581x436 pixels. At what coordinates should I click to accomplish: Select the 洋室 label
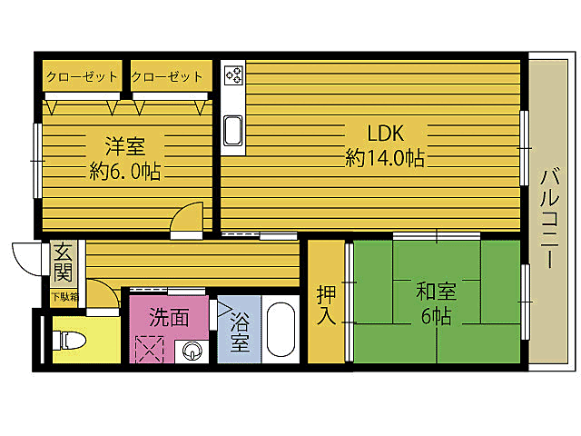(x=124, y=145)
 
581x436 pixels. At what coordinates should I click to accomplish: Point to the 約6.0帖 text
(x=124, y=171)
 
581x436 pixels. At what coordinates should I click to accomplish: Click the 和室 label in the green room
(x=437, y=292)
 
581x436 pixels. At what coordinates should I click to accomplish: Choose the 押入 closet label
(x=327, y=305)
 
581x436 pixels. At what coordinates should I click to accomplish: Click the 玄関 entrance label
(x=62, y=262)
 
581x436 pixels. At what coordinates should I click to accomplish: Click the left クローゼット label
(x=83, y=76)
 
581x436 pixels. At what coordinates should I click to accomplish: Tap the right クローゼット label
(x=169, y=76)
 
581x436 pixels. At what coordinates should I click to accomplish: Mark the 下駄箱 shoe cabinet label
(x=64, y=297)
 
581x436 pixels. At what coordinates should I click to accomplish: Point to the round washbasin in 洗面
(x=192, y=350)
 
